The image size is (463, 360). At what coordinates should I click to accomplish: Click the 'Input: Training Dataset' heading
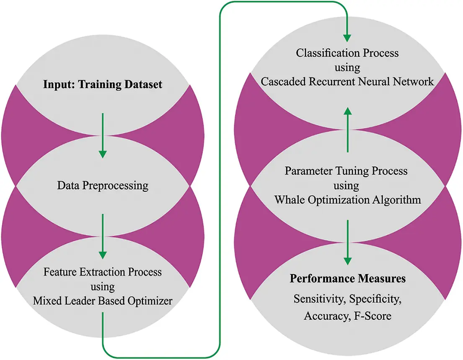tap(103, 85)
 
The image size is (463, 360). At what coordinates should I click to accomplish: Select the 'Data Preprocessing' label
tap(103, 185)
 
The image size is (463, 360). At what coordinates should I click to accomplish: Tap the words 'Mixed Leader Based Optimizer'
tap(103, 301)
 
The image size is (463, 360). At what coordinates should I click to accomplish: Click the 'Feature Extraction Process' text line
tap(103, 272)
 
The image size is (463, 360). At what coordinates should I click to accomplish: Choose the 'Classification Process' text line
tap(347, 53)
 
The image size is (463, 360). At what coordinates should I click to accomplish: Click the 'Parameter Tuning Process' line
tap(346, 171)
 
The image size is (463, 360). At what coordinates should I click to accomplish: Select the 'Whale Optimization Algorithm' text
tap(347, 200)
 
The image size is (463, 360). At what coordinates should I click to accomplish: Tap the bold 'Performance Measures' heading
tap(347, 278)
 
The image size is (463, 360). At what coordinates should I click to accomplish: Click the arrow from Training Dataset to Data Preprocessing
tap(102, 134)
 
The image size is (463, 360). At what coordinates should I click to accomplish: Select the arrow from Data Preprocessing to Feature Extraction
tap(102, 237)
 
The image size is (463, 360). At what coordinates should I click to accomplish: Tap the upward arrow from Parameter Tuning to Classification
tap(347, 130)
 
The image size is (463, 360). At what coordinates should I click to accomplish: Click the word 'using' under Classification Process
tap(347, 67)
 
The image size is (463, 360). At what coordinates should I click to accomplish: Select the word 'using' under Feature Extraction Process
tap(103, 286)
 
